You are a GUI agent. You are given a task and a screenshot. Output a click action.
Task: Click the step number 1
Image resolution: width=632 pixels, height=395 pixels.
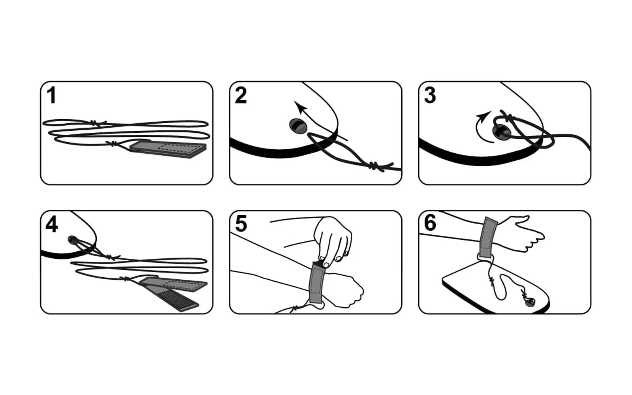pos(51,95)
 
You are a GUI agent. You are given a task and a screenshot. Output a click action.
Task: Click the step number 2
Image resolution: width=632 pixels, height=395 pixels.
pos(241,95)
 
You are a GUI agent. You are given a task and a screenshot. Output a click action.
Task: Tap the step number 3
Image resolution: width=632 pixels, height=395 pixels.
pos(430,95)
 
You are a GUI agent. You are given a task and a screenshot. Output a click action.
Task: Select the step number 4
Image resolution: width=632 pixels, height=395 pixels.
pos(52,224)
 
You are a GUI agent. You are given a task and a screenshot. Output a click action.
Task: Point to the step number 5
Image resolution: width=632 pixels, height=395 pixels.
pos(241,224)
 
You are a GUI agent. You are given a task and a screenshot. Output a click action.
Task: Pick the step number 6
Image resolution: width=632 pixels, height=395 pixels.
pos(430,224)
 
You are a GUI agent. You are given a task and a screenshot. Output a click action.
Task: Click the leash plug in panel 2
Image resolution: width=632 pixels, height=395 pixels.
pos(298,126)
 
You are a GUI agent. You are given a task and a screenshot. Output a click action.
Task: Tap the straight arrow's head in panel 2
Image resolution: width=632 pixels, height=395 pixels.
pos(300,107)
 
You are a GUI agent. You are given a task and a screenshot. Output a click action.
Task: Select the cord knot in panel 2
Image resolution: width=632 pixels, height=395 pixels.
pos(374,166)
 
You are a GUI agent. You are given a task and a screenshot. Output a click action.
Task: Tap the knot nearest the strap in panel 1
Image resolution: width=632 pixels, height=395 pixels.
pos(113,144)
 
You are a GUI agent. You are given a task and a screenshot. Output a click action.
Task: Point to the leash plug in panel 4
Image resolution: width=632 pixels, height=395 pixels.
pos(73,240)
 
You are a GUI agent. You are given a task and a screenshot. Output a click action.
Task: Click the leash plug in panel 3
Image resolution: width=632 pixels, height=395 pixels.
pos(500,132)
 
